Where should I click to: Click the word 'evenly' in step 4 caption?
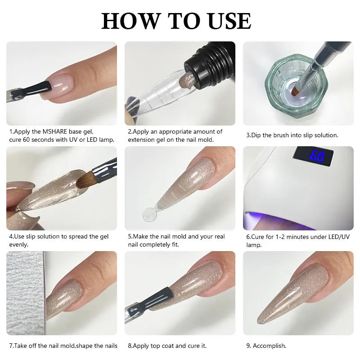(18, 244)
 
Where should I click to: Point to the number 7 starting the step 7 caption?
(11, 346)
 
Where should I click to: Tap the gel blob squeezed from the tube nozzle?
(185, 81)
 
